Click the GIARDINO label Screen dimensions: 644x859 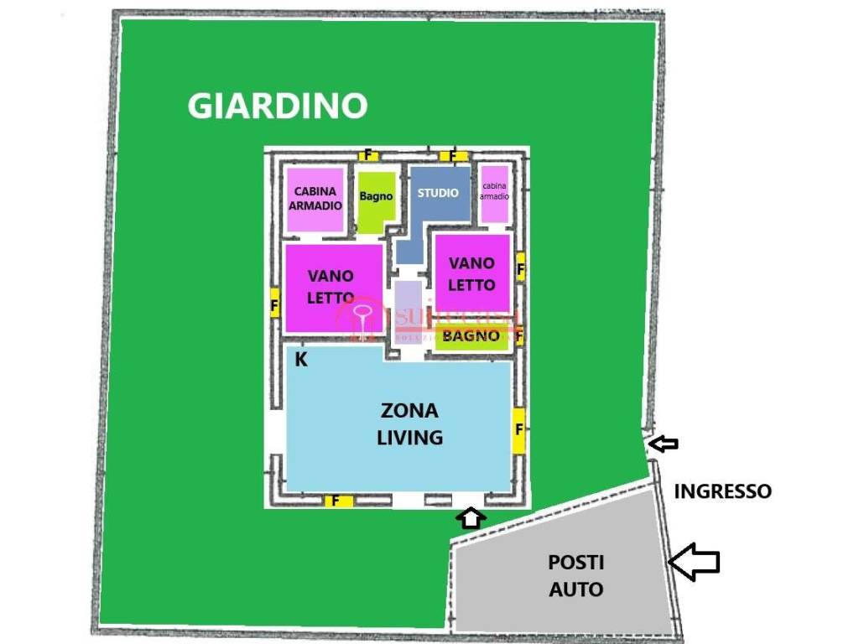[x=277, y=106]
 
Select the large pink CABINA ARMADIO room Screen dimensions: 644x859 [x=315, y=199]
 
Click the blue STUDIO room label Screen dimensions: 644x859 [x=439, y=193]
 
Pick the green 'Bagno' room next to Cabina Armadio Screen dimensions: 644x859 [x=376, y=198]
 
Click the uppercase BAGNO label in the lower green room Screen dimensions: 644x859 [x=471, y=336]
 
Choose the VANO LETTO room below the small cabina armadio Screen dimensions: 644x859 [x=471, y=274]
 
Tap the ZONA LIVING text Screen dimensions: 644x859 [x=409, y=423]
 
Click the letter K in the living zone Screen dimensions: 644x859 [x=300, y=361]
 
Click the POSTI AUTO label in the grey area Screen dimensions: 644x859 [x=575, y=575]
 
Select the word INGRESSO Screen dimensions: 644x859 [x=722, y=491]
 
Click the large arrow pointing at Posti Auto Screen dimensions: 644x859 [x=695, y=561]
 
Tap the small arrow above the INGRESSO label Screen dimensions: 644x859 [x=664, y=444]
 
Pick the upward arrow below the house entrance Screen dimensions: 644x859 [x=471, y=517]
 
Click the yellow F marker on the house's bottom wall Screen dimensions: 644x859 [x=338, y=501]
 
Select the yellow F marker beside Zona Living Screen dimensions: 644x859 [x=519, y=429]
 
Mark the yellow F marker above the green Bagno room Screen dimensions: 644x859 [x=368, y=155]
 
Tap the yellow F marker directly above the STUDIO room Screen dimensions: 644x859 [x=453, y=155]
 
